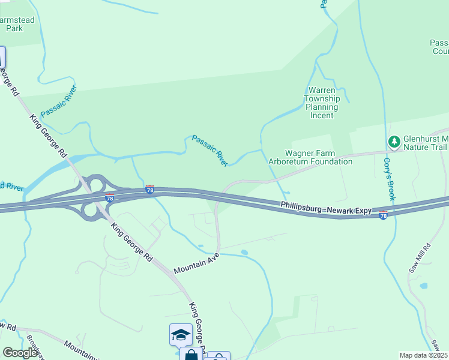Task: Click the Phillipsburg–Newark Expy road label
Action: [326, 209]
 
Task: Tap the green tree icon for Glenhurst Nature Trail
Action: [394, 142]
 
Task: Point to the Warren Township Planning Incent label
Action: [322, 103]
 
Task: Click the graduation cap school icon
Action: [181, 335]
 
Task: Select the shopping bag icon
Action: [191, 355]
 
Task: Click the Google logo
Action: [20, 353]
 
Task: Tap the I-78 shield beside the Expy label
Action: [384, 215]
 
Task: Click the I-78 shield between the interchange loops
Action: [109, 197]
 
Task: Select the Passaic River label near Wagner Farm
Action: [210, 151]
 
